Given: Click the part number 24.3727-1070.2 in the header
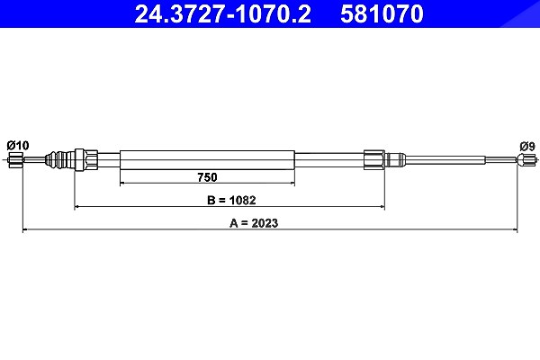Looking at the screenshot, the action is pyautogui.click(x=223, y=14).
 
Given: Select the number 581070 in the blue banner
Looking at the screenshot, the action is pyautogui.click(x=382, y=14).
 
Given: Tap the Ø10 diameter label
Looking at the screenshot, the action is pyautogui.click(x=18, y=146).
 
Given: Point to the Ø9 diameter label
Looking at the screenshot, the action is pyautogui.click(x=527, y=147).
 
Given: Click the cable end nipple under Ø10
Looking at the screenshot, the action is pyautogui.click(x=15, y=160).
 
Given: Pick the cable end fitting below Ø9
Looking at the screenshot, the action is pyautogui.click(x=526, y=160).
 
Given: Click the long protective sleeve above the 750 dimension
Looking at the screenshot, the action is pyautogui.click(x=207, y=160).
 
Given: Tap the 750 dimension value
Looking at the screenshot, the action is pyautogui.click(x=207, y=177).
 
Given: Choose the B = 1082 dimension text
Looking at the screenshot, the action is pyautogui.click(x=231, y=200).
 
